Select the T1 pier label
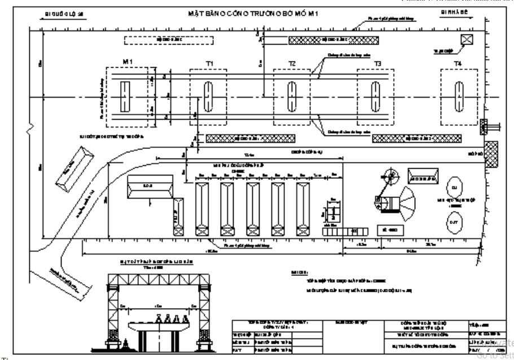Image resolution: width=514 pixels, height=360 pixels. coord(209,64)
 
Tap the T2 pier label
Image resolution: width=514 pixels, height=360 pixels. coord(292,64)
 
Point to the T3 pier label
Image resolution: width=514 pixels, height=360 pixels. coord(376,64)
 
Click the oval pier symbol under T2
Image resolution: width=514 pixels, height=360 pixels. coord(292,96)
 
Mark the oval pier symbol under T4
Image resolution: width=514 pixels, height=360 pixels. coord(458,96)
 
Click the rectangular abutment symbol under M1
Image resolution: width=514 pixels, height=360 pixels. coord(125,96)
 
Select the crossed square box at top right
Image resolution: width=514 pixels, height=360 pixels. coord(467,39)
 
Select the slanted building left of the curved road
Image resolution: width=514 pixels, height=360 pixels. coord(73,168)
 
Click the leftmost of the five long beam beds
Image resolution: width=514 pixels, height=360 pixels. coord(201,208)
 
